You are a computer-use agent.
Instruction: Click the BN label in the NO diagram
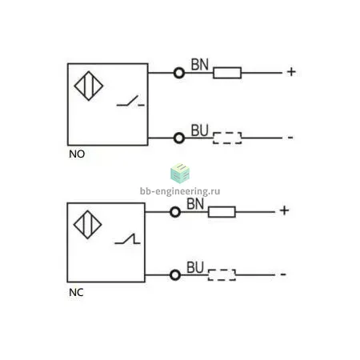click(200, 65)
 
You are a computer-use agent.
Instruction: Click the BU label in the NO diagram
click(199, 130)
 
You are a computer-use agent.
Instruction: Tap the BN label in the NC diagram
click(195, 204)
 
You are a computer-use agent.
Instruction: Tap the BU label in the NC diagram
click(195, 267)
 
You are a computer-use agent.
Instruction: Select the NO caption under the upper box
click(77, 154)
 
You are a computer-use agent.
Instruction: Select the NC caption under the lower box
click(76, 293)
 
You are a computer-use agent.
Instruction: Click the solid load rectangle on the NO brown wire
click(227, 73)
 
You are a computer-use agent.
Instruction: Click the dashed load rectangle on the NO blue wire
click(227, 138)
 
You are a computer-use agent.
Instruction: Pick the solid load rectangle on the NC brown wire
click(222, 212)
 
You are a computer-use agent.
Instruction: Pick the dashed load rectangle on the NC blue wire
click(222, 275)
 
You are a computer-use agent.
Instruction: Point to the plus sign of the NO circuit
click(291, 72)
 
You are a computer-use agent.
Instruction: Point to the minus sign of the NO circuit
click(290, 138)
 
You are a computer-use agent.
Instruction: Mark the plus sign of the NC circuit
click(285, 210)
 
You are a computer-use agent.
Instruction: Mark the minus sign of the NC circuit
click(283, 274)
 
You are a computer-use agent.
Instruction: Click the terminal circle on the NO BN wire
click(179, 73)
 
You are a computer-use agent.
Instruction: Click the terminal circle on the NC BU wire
click(175, 275)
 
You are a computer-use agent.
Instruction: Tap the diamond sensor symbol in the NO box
click(89, 86)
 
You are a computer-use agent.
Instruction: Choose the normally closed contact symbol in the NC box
click(127, 238)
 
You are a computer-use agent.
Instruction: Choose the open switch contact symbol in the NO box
click(130, 101)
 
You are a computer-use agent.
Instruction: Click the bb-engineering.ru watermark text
click(180, 191)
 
